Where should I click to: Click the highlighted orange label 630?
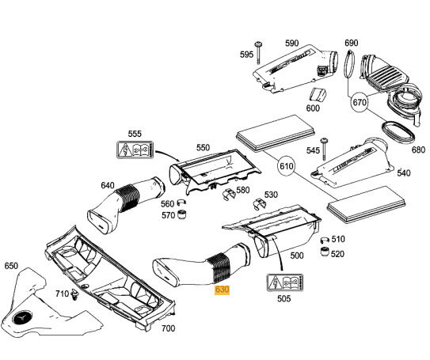click(223, 291)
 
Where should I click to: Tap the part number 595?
click(246, 55)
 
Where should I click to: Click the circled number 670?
click(360, 102)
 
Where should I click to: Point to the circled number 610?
click(285, 168)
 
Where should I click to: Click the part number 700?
click(168, 328)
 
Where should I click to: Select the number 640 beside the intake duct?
click(108, 186)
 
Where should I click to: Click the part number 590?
click(291, 44)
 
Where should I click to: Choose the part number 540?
click(403, 172)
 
